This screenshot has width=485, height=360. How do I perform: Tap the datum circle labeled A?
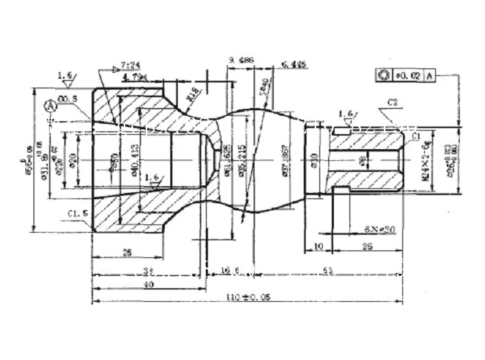[x=51, y=107]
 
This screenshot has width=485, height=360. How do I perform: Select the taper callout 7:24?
[x=130, y=66]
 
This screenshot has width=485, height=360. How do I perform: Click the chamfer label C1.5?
[x=77, y=214]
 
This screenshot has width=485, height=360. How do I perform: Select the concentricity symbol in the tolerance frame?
[x=383, y=75]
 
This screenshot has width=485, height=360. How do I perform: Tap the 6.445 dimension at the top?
[x=294, y=66]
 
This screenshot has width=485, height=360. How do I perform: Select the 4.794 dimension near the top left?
[x=134, y=79]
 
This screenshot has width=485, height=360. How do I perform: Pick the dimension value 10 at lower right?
[x=318, y=246]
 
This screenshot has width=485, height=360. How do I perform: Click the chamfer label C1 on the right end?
[x=415, y=137]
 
